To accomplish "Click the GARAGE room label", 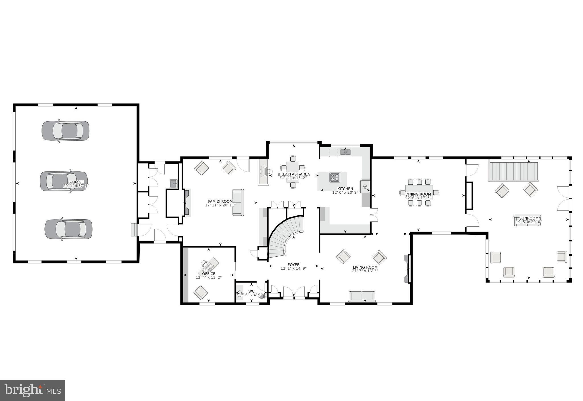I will [76, 182].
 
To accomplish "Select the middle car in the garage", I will [64, 181].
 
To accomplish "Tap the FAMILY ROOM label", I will [220, 201].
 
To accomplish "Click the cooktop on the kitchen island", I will [334, 177].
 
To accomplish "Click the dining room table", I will [419, 192].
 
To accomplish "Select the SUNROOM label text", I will [529, 218].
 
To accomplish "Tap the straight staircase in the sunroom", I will [514, 172].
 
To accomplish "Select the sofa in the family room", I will [238, 202].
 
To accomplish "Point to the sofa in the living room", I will [362, 296].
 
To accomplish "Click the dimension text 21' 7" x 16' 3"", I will [365, 271].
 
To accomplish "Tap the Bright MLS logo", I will [32, 390].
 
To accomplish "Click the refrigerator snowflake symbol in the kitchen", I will [365, 187].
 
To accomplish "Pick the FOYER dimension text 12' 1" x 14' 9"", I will [293, 268].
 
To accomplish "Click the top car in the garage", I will [65, 131].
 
